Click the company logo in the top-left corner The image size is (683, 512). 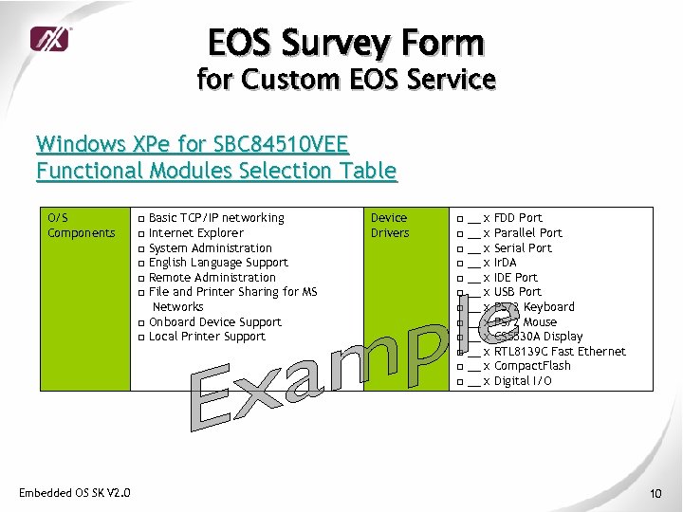tap(49, 39)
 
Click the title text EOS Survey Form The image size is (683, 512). tap(346, 44)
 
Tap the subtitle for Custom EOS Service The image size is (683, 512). tap(346, 79)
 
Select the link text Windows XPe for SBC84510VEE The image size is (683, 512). tap(193, 145)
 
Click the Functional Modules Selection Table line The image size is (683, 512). tap(216, 171)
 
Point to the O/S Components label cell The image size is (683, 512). tap(82, 226)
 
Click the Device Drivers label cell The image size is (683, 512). tap(390, 226)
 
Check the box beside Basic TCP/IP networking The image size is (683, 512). tap(140, 219)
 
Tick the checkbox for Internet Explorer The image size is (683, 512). tap(140, 233)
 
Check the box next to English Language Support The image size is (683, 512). tap(140, 264)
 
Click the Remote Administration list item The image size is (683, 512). tap(212, 278)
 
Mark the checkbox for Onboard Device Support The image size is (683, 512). tap(140, 322)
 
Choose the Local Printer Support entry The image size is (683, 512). tap(207, 337)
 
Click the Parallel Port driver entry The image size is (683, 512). tap(527, 233)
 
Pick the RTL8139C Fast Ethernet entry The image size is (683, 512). tap(560, 352)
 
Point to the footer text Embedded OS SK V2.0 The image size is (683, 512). tap(75, 491)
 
